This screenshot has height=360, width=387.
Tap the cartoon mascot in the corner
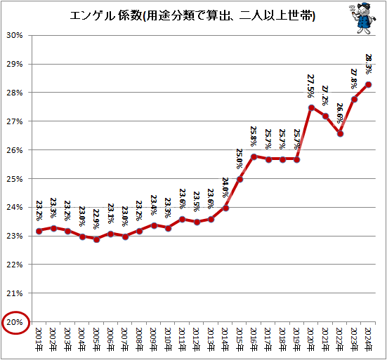(x=362, y=18)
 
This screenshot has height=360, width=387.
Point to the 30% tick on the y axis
(x=15, y=35)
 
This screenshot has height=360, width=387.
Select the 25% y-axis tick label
(x=15, y=179)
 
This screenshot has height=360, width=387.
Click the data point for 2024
(x=369, y=85)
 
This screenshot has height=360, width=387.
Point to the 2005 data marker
(x=96, y=239)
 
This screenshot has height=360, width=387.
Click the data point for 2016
(x=254, y=156)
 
